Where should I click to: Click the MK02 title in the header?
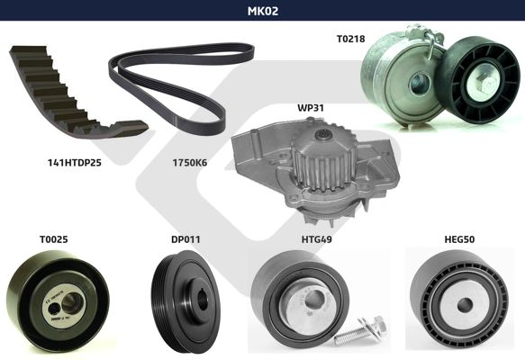pos(263,11)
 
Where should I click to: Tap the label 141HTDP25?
pos(75,163)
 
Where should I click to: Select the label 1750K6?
pos(190,163)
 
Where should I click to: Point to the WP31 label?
pos(311,108)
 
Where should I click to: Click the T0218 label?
pos(350,39)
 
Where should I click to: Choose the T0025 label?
pos(53,239)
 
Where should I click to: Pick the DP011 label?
pos(186,239)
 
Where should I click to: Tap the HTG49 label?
pos(316,239)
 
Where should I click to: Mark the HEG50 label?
pos(459,239)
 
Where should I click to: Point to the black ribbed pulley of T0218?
pos(478,80)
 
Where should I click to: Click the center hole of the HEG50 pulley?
pos(465,305)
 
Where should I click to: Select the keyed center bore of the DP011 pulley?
pos(203,300)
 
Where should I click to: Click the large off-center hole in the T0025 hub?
pos(72,302)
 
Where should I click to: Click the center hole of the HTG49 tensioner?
pos(317,299)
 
